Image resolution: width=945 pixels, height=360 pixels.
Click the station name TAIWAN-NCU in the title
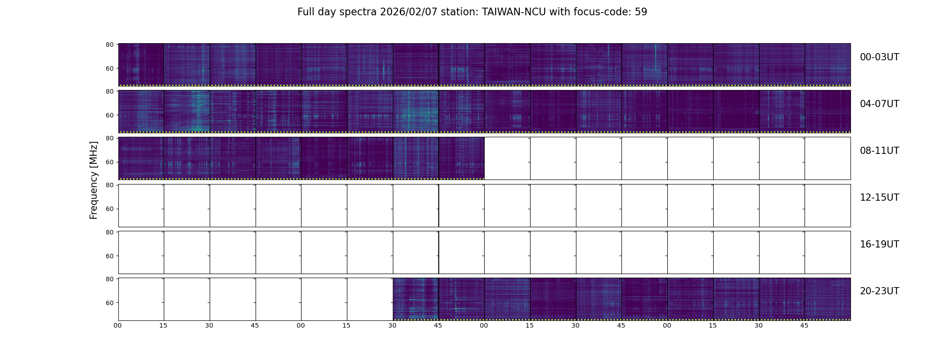click(x=514, y=12)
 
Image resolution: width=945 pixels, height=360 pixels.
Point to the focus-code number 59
click(x=641, y=12)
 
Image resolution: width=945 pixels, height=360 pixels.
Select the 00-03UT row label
click(x=879, y=57)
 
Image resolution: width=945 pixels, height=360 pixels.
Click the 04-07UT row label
click(x=879, y=104)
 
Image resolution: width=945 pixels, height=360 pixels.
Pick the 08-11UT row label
click(x=879, y=151)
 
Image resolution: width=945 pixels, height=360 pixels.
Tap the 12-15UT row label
click(x=879, y=198)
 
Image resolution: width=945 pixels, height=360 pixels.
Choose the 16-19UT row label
click(x=879, y=244)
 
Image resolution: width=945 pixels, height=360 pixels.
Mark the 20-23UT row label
click(x=879, y=291)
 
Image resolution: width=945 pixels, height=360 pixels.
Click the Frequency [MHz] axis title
click(x=94, y=180)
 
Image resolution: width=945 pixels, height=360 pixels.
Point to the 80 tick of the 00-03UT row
click(x=109, y=45)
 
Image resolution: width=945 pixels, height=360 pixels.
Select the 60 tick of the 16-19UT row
click(x=109, y=256)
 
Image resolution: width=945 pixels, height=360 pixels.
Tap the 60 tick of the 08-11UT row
click(x=109, y=162)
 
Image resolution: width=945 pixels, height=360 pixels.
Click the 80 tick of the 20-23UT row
click(x=109, y=279)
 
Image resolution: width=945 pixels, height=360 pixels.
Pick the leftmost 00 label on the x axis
click(x=117, y=326)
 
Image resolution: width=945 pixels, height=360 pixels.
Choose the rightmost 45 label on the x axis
click(x=804, y=326)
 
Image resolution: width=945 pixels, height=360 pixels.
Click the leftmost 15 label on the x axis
click(x=163, y=326)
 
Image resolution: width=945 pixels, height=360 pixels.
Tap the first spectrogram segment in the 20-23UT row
click(x=415, y=299)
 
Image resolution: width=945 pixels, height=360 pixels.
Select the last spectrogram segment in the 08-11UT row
click(x=461, y=158)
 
